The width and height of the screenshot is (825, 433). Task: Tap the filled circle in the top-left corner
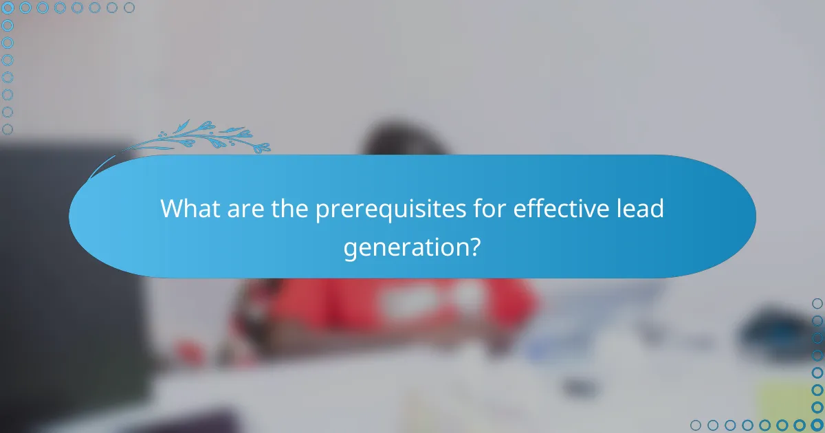click(8, 8)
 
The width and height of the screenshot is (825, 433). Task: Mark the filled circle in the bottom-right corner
click(817, 425)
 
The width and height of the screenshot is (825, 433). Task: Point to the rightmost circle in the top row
click(129, 8)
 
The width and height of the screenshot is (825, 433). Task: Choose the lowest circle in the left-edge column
click(8, 129)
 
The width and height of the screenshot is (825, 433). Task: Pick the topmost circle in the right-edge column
click(817, 303)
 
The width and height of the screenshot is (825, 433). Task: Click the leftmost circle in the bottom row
click(696, 425)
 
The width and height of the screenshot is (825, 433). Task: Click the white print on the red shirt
click(412, 299)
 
